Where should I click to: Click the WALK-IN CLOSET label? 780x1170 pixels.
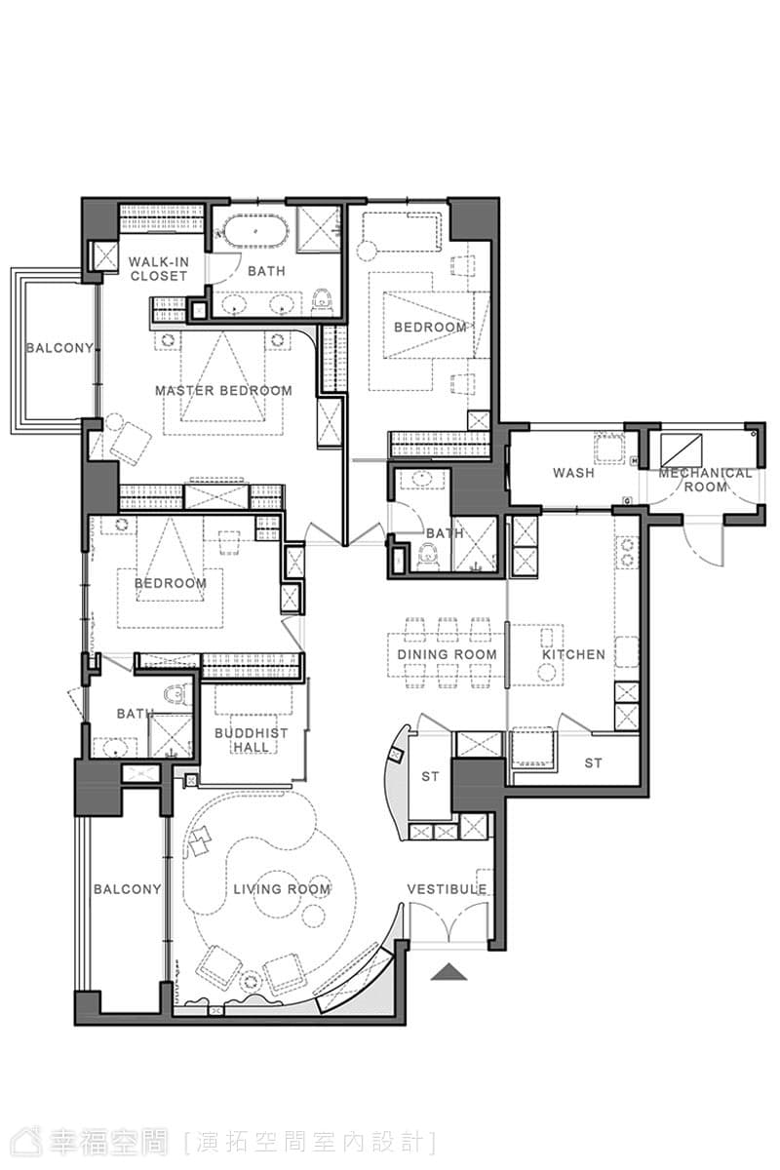tap(158, 268)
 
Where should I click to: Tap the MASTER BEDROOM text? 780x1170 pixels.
tap(223, 390)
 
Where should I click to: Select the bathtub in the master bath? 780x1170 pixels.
tap(255, 230)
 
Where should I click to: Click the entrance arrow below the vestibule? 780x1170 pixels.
tap(448, 971)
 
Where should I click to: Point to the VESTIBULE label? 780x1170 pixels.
tap(448, 888)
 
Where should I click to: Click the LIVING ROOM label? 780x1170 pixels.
tap(282, 888)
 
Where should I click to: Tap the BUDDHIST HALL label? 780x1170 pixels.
tap(252, 740)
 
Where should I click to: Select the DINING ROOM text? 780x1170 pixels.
tap(447, 654)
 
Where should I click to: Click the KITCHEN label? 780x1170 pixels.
tap(573, 654)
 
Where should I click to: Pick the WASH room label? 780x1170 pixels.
tap(573, 472)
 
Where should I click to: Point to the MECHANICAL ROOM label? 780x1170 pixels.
tap(705, 480)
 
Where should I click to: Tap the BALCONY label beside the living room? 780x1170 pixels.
tap(128, 888)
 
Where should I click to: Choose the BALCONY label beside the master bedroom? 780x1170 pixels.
tap(59, 347)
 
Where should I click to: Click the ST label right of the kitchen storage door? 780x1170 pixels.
tap(593, 763)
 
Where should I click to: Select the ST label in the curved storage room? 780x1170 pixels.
tap(430, 777)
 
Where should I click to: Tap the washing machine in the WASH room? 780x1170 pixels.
tap(609, 448)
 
